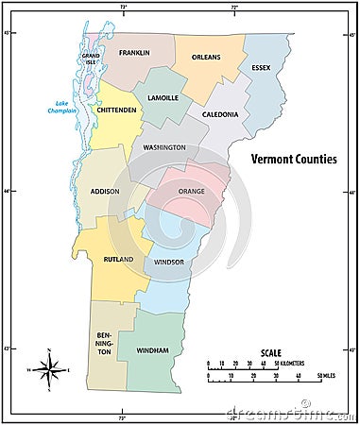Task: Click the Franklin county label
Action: pos(134,53)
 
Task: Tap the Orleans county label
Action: pos(206,57)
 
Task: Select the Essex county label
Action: pos(261,68)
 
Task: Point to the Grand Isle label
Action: pos(91,59)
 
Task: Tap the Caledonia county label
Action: pos(219,114)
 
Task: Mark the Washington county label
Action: pos(163,147)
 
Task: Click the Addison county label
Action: pos(104,192)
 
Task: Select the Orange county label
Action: pos(191,192)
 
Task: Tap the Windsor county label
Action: pos(168,262)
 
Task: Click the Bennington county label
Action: pos(104,343)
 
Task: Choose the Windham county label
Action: pos(152,349)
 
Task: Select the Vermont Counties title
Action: pos(293,160)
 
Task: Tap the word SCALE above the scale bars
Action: pos(270,353)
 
